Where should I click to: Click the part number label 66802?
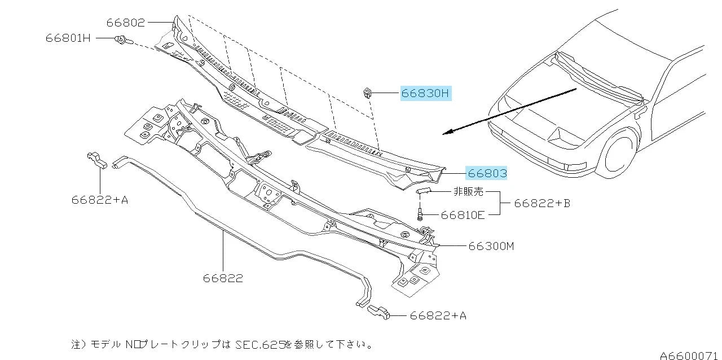[x=126, y=23]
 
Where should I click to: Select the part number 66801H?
[x=68, y=38]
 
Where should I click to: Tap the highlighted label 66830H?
[x=426, y=94]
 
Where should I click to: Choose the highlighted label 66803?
[x=486, y=173]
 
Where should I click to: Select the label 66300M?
[x=490, y=246]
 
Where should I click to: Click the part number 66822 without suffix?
[x=223, y=278]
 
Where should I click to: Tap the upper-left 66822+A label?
[x=100, y=199]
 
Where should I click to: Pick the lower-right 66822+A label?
[x=438, y=316]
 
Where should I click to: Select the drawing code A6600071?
[x=689, y=355]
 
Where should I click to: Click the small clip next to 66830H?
[x=366, y=91]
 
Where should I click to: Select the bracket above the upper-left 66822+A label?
[x=98, y=161]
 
